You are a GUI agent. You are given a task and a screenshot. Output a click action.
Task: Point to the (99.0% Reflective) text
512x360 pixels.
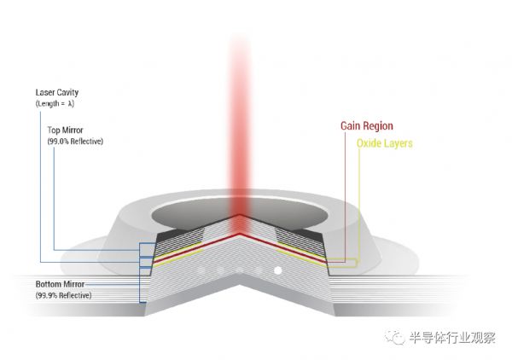pyautogui.click(x=76, y=141)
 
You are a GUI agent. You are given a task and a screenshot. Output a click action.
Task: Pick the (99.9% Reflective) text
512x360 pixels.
pyautogui.click(x=63, y=294)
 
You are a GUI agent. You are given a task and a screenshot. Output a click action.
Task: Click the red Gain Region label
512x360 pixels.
pyautogui.click(x=367, y=126)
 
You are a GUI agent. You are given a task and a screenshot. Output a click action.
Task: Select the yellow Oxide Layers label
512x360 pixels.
pyautogui.click(x=384, y=144)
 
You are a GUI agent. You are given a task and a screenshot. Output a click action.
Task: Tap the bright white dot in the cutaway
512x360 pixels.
pyautogui.click(x=277, y=271)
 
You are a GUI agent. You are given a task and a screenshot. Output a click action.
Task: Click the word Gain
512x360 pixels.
pyautogui.click(x=351, y=126)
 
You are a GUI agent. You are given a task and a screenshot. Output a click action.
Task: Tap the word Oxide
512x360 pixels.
pyautogui.click(x=369, y=144)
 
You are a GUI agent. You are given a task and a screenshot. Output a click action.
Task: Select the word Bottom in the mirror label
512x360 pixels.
pyautogui.click(x=49, y=284)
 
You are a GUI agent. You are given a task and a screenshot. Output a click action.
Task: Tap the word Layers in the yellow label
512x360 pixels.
pyautogui.click(x=399, y=144)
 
